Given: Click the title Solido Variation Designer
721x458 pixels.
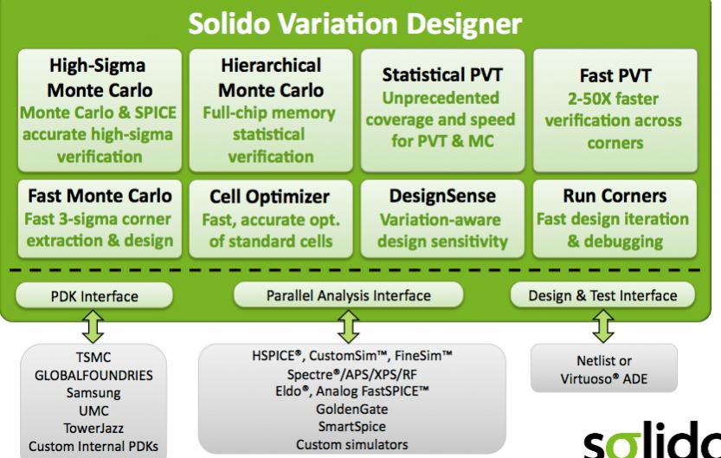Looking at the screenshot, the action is [x=355, y=23].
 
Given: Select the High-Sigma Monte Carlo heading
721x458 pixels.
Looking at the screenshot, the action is [x=99, y=78].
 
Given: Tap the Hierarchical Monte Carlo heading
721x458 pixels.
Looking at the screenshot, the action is [x=271, y=78].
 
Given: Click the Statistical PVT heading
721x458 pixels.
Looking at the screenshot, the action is [x=442, y=75].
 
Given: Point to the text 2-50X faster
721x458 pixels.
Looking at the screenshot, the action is [x=613, y=99].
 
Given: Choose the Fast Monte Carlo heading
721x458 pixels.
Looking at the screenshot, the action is [x=100, y=196].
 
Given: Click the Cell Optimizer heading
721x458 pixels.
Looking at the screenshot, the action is [x=269, y=197].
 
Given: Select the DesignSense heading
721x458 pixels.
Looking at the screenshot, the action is [x=442, y=196].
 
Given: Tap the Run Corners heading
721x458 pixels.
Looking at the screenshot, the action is [x=615, y=196].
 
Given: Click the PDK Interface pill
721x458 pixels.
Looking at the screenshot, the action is [x=94, y=296].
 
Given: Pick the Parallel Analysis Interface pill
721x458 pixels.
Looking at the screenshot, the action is [x=349, y=295].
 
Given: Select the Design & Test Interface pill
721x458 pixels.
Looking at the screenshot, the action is [x=602, y=295].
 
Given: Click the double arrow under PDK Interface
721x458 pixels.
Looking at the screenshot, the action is [x=93, y=326].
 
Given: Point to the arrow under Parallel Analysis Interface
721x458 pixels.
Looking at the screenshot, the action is [x=349, y=326].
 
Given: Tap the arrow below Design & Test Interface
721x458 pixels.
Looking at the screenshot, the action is [x=603, y=326].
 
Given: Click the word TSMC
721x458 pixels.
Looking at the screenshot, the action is [x=93, y=358].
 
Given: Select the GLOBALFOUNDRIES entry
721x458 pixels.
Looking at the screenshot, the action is [x=93, y=375].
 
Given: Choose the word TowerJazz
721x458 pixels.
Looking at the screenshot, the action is [x=93, y=428].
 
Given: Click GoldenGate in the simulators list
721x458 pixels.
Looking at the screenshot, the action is [x=352, y=409].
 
